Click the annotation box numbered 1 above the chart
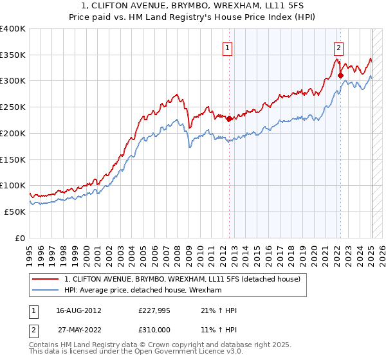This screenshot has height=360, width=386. point(228,46)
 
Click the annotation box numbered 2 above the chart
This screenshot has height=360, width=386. point(338,46)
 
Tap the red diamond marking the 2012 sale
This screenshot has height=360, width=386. point(229,118)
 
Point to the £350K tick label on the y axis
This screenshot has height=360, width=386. point(13,55)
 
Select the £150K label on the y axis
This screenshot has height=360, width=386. point(13,159)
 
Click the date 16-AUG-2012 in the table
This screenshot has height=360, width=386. point(78,310)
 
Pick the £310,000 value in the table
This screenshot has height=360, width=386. point(154,329)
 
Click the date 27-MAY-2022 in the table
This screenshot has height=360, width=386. point(78,329)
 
